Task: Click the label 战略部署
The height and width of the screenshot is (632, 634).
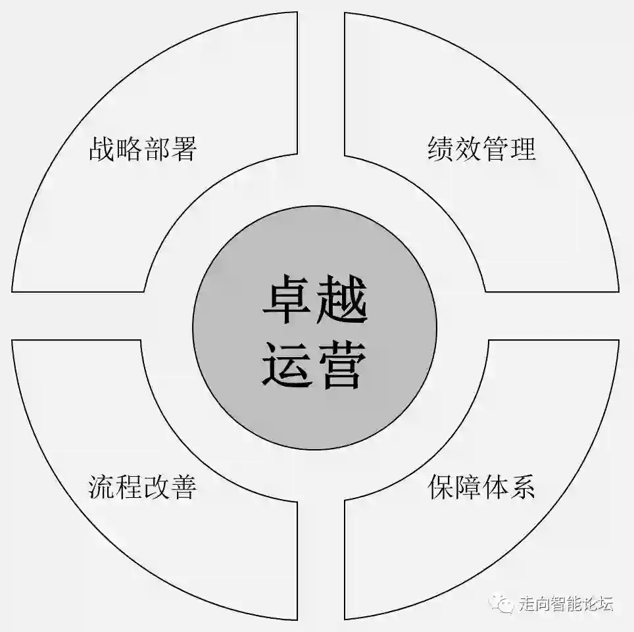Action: tap(143, 149)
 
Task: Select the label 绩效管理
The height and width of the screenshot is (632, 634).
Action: tap(481, 149)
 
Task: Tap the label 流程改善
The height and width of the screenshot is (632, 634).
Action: tap(143, 487)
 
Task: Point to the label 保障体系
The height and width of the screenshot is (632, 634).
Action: tap(481, 487)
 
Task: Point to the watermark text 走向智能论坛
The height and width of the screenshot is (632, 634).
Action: tap(566, 603)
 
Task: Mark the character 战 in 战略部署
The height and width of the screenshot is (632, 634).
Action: tap(102, 149)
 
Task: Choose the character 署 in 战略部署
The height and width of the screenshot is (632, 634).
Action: tap(183, 149)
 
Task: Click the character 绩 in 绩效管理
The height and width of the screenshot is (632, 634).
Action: tap(441, 149)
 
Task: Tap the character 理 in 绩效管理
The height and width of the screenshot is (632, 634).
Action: tap(522, 149)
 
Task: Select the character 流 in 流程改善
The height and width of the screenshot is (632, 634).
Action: tap(102, 487)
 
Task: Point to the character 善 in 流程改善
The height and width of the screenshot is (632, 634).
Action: tap(183, 487)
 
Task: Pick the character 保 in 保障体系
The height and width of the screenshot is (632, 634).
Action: tap(441, 487)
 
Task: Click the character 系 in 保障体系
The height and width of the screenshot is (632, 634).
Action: tap(522, 487)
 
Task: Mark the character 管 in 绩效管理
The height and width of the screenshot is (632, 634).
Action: tap(495, 149)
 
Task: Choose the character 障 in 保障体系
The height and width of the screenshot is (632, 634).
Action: tap(468, 487)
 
